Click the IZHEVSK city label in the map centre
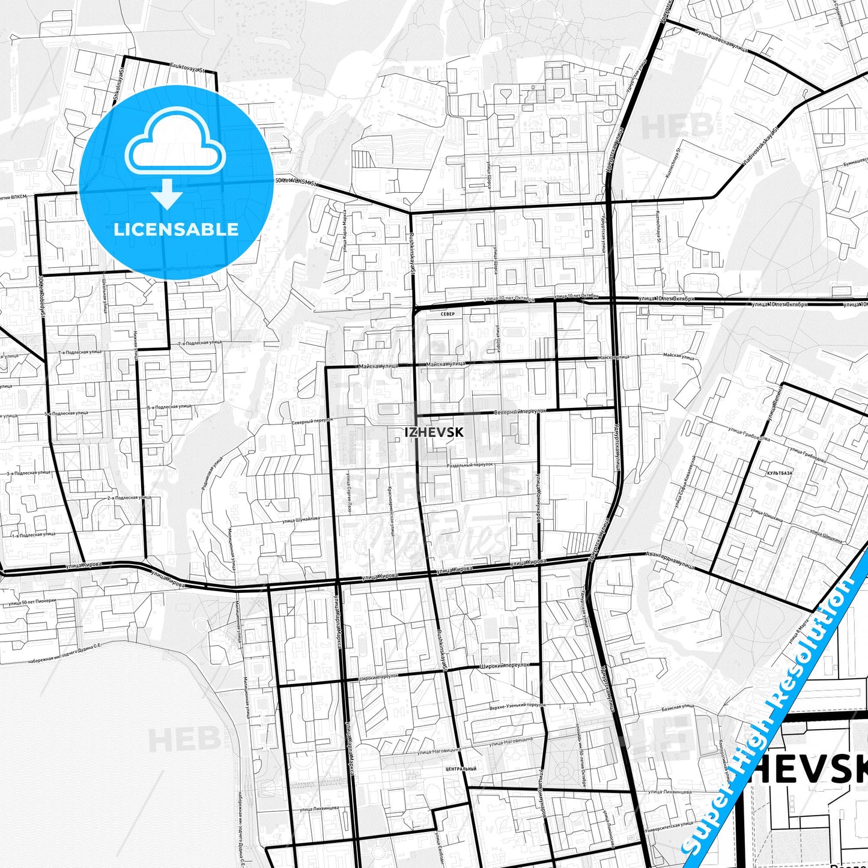click(x=434, y=432)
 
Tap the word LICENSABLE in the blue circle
click(x=176, y=229)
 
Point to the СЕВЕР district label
click(x=448, y=314)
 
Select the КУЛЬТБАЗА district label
click(x=779, y=473)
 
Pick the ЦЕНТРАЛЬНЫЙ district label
click(x=461, y=769)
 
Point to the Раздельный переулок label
click(x=470, y=465)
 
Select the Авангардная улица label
click(x=670, y=561)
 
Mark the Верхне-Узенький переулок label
click(x=517, y=705)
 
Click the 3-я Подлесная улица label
click(x=28, y=473)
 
